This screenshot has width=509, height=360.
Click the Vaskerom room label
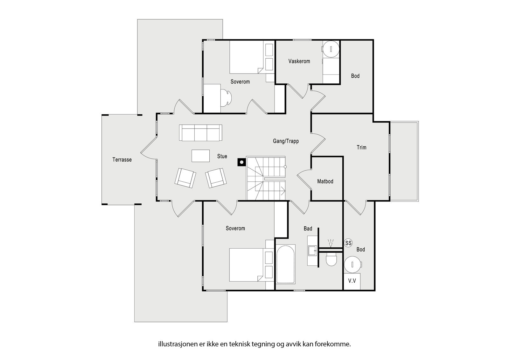299,61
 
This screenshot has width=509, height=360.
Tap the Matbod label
325,181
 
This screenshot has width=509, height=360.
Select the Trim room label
361,147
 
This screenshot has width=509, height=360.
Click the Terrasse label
122,159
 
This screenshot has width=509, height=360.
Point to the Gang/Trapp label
286,141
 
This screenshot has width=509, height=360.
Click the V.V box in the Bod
352,281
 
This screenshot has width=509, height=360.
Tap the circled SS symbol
348,243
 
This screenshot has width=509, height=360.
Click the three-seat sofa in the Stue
200,133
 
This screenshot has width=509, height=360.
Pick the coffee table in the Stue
200,156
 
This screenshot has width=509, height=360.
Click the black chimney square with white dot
241,162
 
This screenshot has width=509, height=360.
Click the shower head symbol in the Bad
331,244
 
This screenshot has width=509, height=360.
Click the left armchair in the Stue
185,178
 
